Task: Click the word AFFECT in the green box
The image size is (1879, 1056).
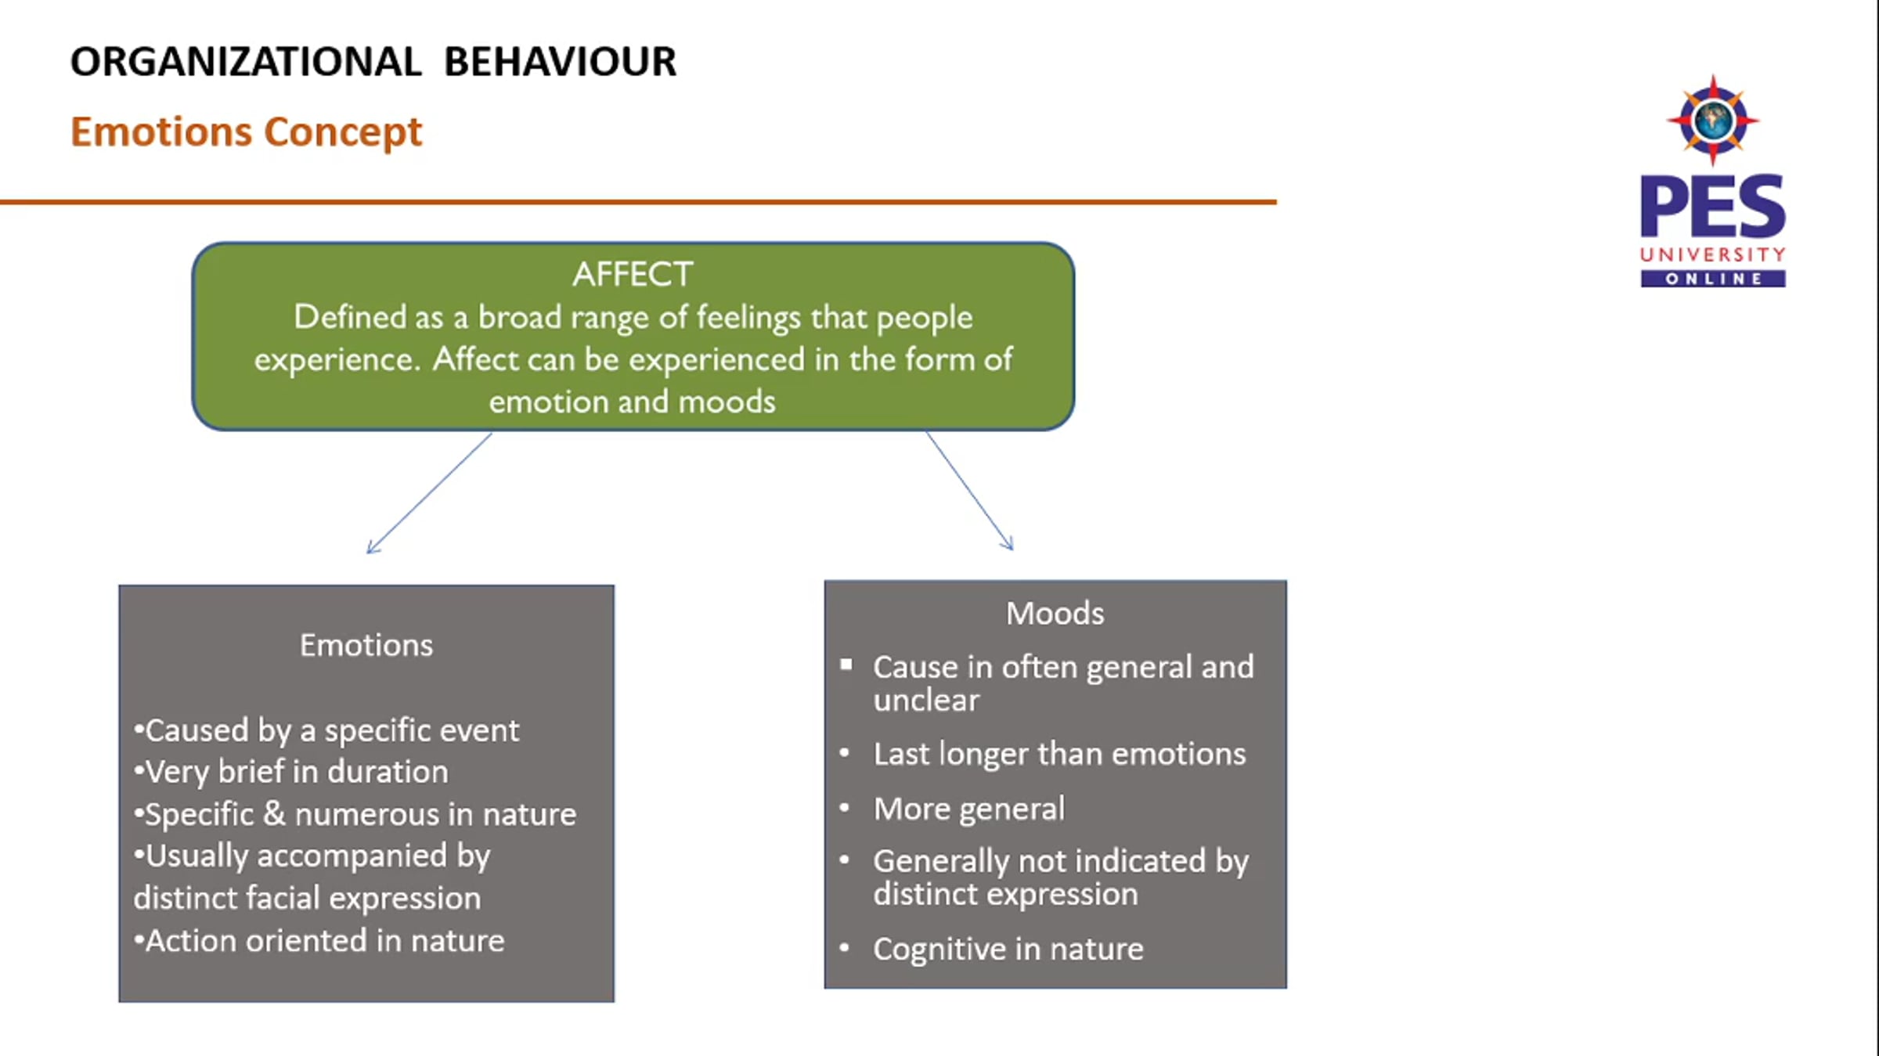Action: [x=633, y=275]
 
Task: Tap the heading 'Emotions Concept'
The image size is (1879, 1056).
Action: [x=246, y=132]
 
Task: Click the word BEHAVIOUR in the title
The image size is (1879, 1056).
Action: [x=560, y=62]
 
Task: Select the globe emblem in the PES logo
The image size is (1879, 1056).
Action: [x=1713, y=121]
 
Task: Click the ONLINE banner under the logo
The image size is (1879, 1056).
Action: [x=1713, y=279]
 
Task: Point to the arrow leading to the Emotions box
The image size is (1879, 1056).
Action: [x=429, y=493]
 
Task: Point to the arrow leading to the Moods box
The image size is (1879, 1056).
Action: [x=969, y=490]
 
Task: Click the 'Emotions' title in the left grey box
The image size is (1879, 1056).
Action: [x=366, y=645]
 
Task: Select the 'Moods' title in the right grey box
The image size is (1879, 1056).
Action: [x=1055, y=613]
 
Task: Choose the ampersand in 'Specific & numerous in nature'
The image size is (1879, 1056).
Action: [x=274, y=814]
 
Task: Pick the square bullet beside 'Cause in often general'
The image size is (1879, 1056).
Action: [x=846, y=665]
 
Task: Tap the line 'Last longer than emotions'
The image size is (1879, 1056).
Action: [x=1059, y=754]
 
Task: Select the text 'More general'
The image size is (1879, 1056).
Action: [x=969, y=809]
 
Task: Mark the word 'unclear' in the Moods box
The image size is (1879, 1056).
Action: [x=926, y=700]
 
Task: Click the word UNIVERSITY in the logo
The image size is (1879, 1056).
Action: [x=1713, y=255]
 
